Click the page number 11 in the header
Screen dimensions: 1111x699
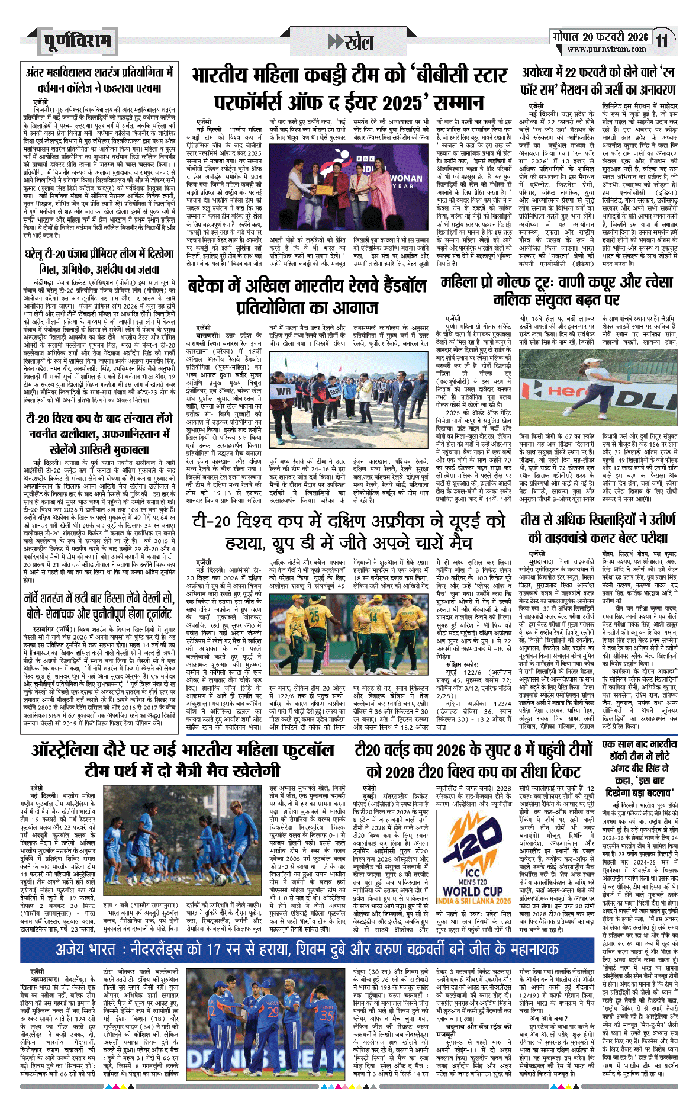[662, 41]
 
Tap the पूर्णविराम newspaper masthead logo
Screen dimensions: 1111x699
[77, 41]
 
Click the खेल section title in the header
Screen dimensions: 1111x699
[352, 41]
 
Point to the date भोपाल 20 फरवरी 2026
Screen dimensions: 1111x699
[600, 37]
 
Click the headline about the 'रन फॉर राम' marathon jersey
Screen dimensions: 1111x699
[598, 82]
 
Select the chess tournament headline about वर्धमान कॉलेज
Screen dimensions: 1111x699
[99, 81]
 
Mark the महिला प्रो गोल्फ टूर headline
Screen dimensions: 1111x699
[556, 291]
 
